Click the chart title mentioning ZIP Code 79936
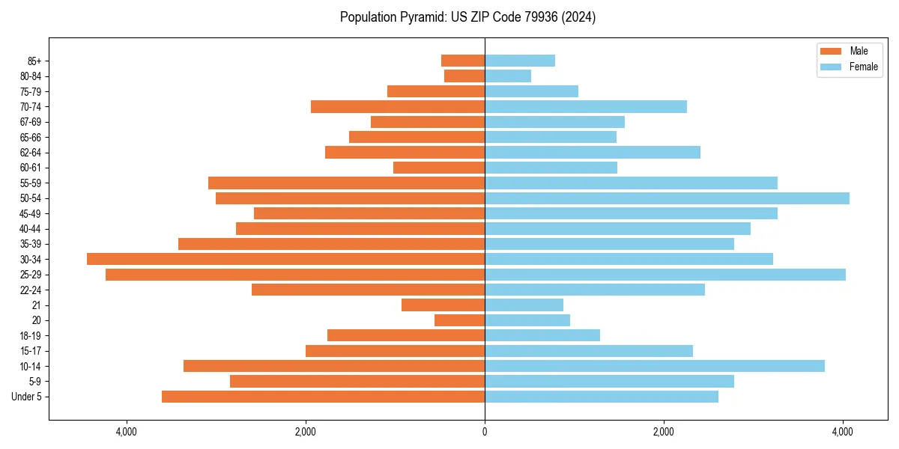pos(467,17)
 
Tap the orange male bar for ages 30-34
pos(285,259)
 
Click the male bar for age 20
pos(459,320)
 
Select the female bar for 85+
pos(520,61)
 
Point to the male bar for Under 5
pos(323,397)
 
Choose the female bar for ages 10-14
pos(655,366)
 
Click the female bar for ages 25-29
pos(665,275)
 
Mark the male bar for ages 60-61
pos(439,168)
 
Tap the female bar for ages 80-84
pos(508,76)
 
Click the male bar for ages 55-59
pos(346,183)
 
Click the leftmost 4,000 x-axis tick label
pos(126,432)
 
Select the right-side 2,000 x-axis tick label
pos(664,432)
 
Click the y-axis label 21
pos(36,305)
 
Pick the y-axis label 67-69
pos(31,122)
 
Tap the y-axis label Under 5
pos(27,397)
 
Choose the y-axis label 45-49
pos(31,213)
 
